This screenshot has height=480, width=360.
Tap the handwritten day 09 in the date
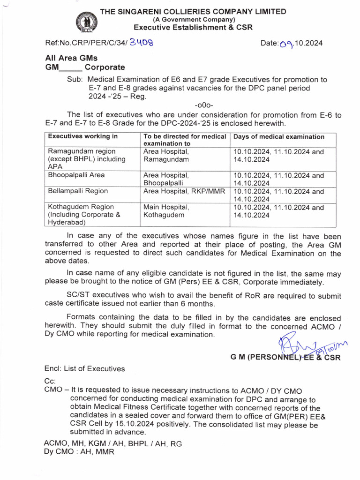(x=285, y=44)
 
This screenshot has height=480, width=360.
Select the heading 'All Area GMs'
(x=71, y=58)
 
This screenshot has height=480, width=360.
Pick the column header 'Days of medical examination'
(x=278, y=137)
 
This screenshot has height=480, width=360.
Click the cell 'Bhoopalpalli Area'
(x=77, y=175)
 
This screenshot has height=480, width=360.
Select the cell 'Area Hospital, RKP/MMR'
(x=184, y=191)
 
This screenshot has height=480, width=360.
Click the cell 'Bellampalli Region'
(x=78, y=191)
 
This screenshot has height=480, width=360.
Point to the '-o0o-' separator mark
(x=204, y=105)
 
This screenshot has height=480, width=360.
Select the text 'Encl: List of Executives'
(x=84, y=369)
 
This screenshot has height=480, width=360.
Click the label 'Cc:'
(x=50, y=382)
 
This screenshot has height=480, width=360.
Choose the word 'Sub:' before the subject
(x=75, y=80)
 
